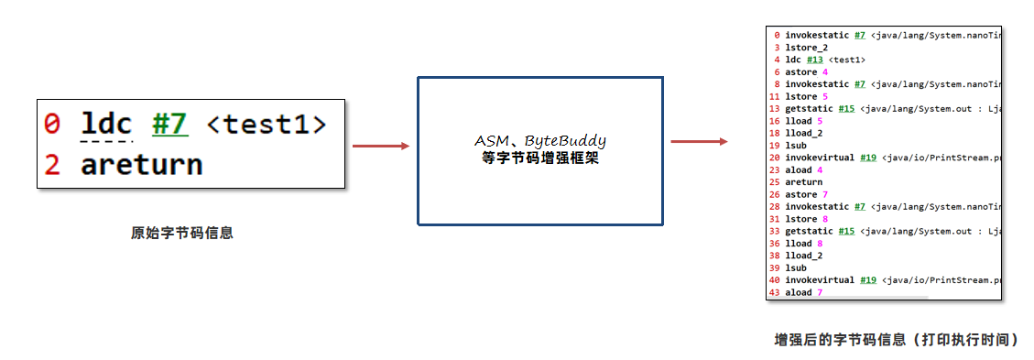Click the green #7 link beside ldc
click(170, 123)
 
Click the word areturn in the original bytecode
click(141, 165)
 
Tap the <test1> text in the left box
click(265, 123)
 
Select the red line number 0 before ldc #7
click(52, 123)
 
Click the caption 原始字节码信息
click(182, 233)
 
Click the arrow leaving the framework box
click(699, 141)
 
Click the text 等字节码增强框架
click(539, 158)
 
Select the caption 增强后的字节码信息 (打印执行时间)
click(896, 340)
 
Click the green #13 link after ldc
click(814, 60)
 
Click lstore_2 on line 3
click(806, 48)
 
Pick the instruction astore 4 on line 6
click(806, 71)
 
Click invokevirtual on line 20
click(821, 158)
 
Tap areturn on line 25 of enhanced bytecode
click(803, 182)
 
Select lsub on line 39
click(795, 267)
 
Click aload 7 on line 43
click(806, 292)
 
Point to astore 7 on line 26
click(806, 194)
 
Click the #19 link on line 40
click(868, 280)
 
